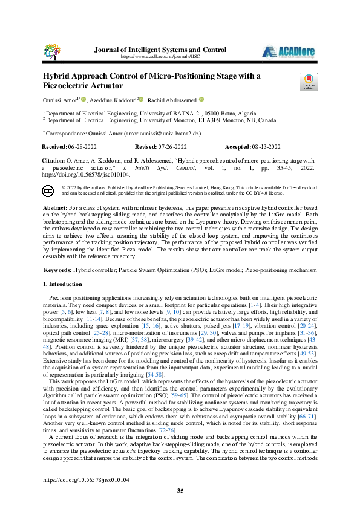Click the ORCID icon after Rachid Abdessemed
201,99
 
